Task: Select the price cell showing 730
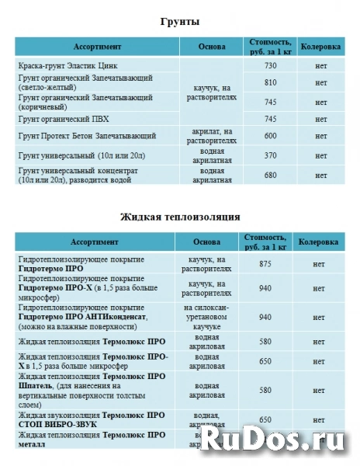270,66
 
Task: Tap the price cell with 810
270,82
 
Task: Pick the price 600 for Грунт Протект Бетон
270,136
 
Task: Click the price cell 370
270,155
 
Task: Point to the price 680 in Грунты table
270,175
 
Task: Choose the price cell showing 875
270,264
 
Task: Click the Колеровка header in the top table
320,47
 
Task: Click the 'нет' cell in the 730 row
320,66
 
